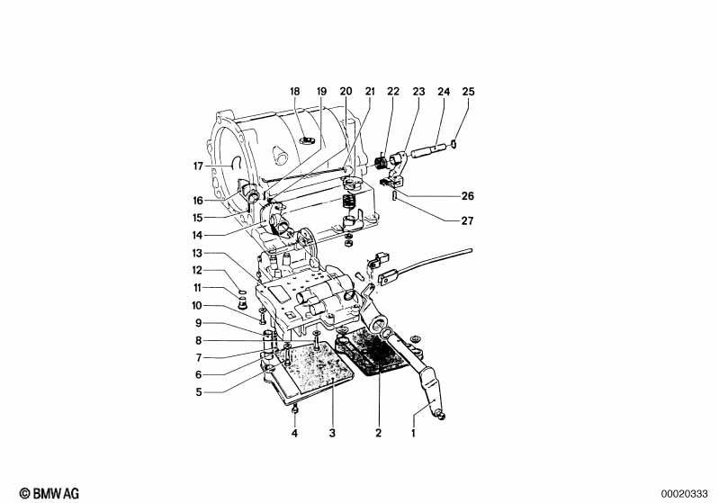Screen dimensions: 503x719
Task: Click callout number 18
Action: tap(294, 92)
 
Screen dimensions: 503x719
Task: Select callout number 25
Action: tap(467, 92)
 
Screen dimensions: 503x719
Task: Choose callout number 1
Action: tap(415, 434)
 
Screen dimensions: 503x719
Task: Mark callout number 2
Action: tap(379, 434)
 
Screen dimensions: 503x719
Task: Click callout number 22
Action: tap(393, 92)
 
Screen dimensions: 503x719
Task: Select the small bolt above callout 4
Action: tap(295, 411)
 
